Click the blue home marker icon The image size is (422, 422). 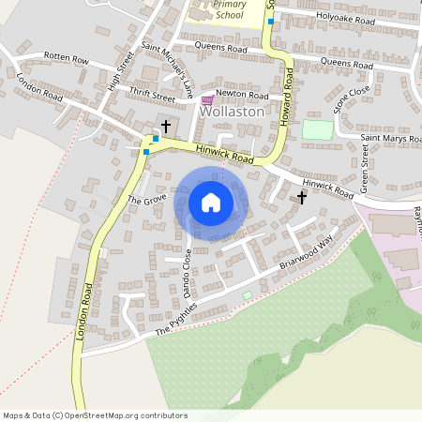[x=211, y=203]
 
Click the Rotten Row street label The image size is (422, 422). [x=66, y=59]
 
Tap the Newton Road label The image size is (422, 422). [x=242, y=96]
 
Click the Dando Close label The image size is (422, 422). [x=188, y=271]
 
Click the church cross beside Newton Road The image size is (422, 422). [x=166, y=125]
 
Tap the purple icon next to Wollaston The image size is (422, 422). [x=207, y=100]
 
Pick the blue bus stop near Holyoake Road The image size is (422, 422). [x=270, y=21]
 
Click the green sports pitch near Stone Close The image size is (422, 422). [x=317, y=129]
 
